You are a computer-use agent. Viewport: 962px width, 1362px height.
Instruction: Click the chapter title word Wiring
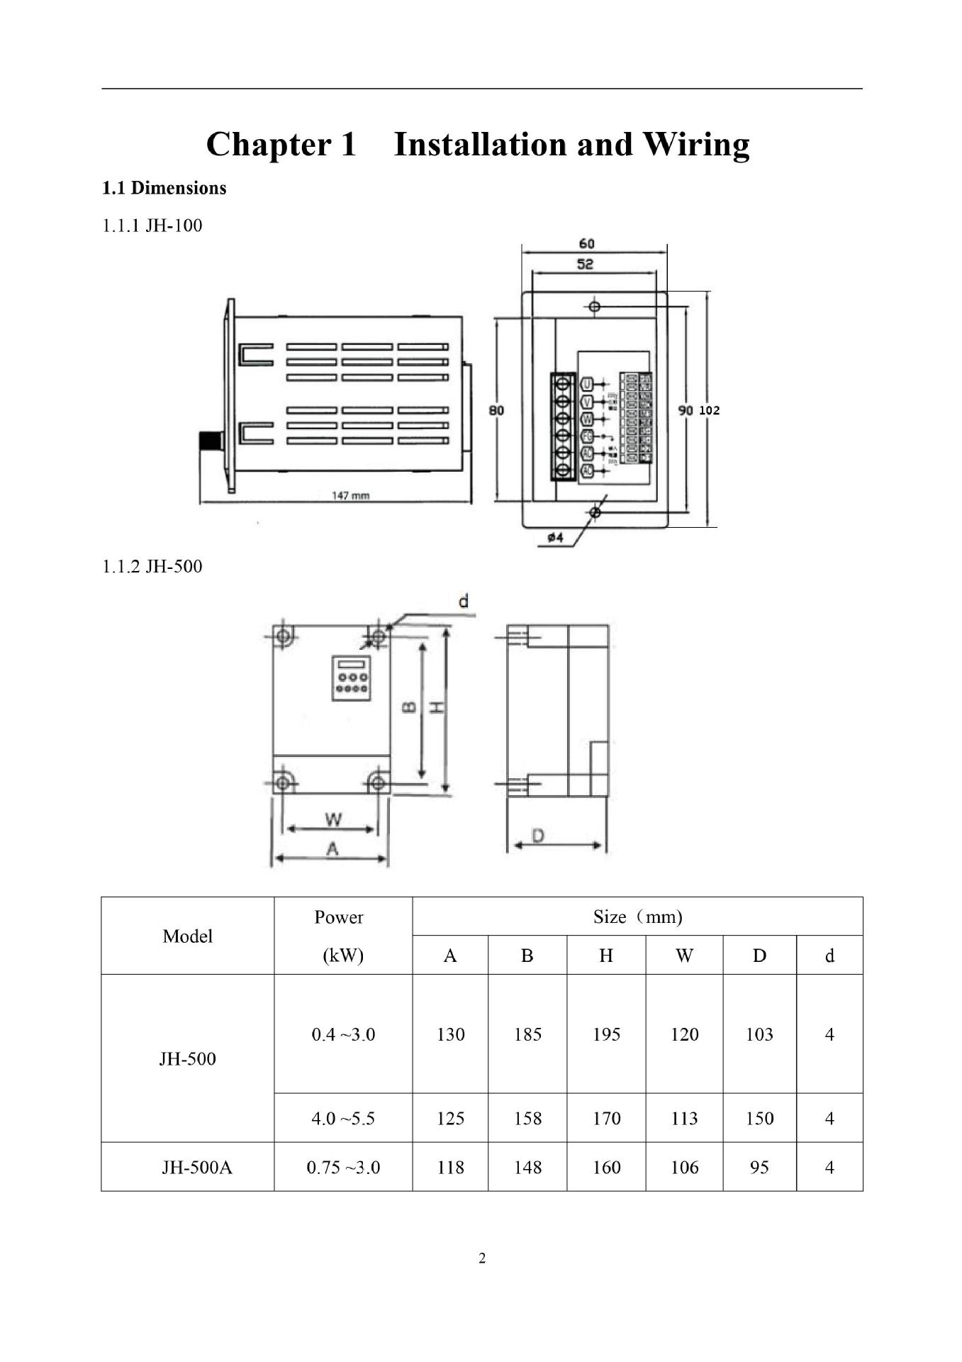pyautogui.click(x=695, y=145)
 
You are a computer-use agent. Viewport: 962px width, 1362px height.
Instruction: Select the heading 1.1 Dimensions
pyautogui.click(x=164, y=188)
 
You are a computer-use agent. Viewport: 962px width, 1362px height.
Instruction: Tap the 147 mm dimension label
pyautogui.click(x=351, y=495)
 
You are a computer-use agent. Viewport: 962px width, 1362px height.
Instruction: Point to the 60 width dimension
pyautogui.click(x=586, y=243)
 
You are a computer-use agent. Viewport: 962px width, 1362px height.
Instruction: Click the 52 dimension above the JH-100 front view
pyautogui.click(x=585, y=264)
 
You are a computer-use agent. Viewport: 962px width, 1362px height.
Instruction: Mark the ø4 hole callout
pyautogui.click(x=555, y=538)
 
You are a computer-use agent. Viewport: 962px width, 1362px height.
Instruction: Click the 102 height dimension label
pyautogui.click(x=710, y=410)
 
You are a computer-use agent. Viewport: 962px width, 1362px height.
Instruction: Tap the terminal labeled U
pyautogui.click(x=586, y=384)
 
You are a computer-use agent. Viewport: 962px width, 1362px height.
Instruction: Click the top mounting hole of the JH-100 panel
pyautogui.click(x=595, y=306)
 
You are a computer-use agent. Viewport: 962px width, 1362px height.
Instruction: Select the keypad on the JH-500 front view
pyautogui.click(x=352, y=678)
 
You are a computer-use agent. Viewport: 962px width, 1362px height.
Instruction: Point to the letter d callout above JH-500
pyautogui.click(x=463, y=602)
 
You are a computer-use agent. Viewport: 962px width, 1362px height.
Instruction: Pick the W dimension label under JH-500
pyautogui.click(x=333, y=819)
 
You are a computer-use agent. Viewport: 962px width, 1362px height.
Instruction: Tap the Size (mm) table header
pyautogui.click(x=637, y=917)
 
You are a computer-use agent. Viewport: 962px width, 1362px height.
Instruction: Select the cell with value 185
pyautogui.click(x=527, y=1034)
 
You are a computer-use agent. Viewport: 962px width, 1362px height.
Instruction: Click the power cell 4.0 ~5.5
pyautogui.click(x=343, y=1119)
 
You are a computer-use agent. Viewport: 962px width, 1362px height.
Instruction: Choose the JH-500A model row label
pyautogui.click(x=196, y=1167)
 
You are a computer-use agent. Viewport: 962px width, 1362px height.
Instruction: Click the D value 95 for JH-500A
pyautogui.click(x=759, y=1167)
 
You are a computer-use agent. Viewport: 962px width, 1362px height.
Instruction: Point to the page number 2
pyautogui.click(x=482, y=1258)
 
